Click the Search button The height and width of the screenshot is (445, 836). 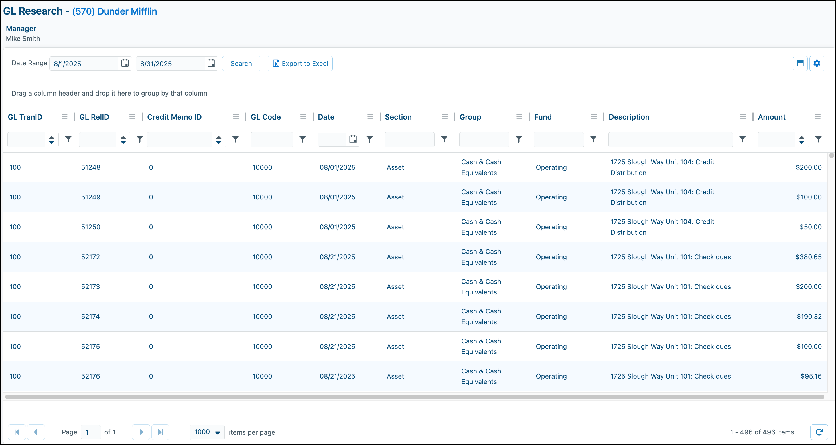(241, 64)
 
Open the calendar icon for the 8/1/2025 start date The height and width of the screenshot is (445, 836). (125, 63)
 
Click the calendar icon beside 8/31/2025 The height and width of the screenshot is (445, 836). (211, 63)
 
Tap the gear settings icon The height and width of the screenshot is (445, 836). (817, 63)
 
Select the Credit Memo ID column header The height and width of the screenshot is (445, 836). (174, 117)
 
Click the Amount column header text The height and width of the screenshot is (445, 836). (771, 117)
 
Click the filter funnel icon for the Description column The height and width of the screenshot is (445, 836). (742, 139)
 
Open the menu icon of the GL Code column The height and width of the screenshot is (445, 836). (303, 117)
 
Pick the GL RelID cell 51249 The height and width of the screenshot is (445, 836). (91, 197)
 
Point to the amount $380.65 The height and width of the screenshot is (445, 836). (808, 257)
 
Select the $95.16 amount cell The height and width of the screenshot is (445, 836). (811, 376)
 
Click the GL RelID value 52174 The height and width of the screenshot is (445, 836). (90, 316)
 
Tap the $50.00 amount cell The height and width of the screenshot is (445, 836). (811, 227)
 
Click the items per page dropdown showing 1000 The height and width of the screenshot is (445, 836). (207, 432)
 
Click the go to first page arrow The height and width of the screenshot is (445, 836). (17, 432)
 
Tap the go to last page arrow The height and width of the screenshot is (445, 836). (160, 432)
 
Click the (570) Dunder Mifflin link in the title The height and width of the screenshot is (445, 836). (115, 11)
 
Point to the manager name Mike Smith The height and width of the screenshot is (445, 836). (23, 38)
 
